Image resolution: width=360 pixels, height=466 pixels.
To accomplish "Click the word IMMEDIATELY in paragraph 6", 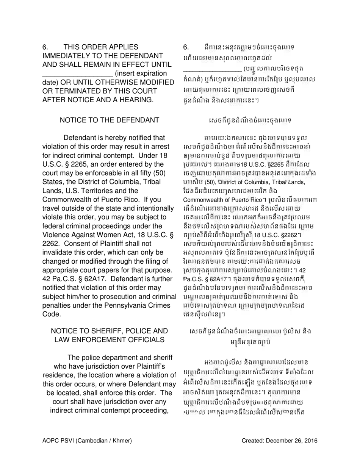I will point(67,55).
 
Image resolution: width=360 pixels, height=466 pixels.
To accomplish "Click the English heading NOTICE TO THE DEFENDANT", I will point(110,120).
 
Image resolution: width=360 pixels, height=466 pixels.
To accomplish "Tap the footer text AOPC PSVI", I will point(59,441).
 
